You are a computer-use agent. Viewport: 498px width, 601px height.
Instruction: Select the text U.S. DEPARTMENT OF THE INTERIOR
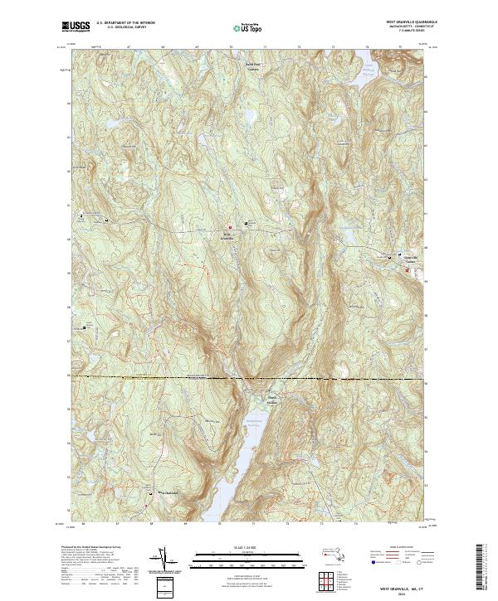(x=125, y=23)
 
